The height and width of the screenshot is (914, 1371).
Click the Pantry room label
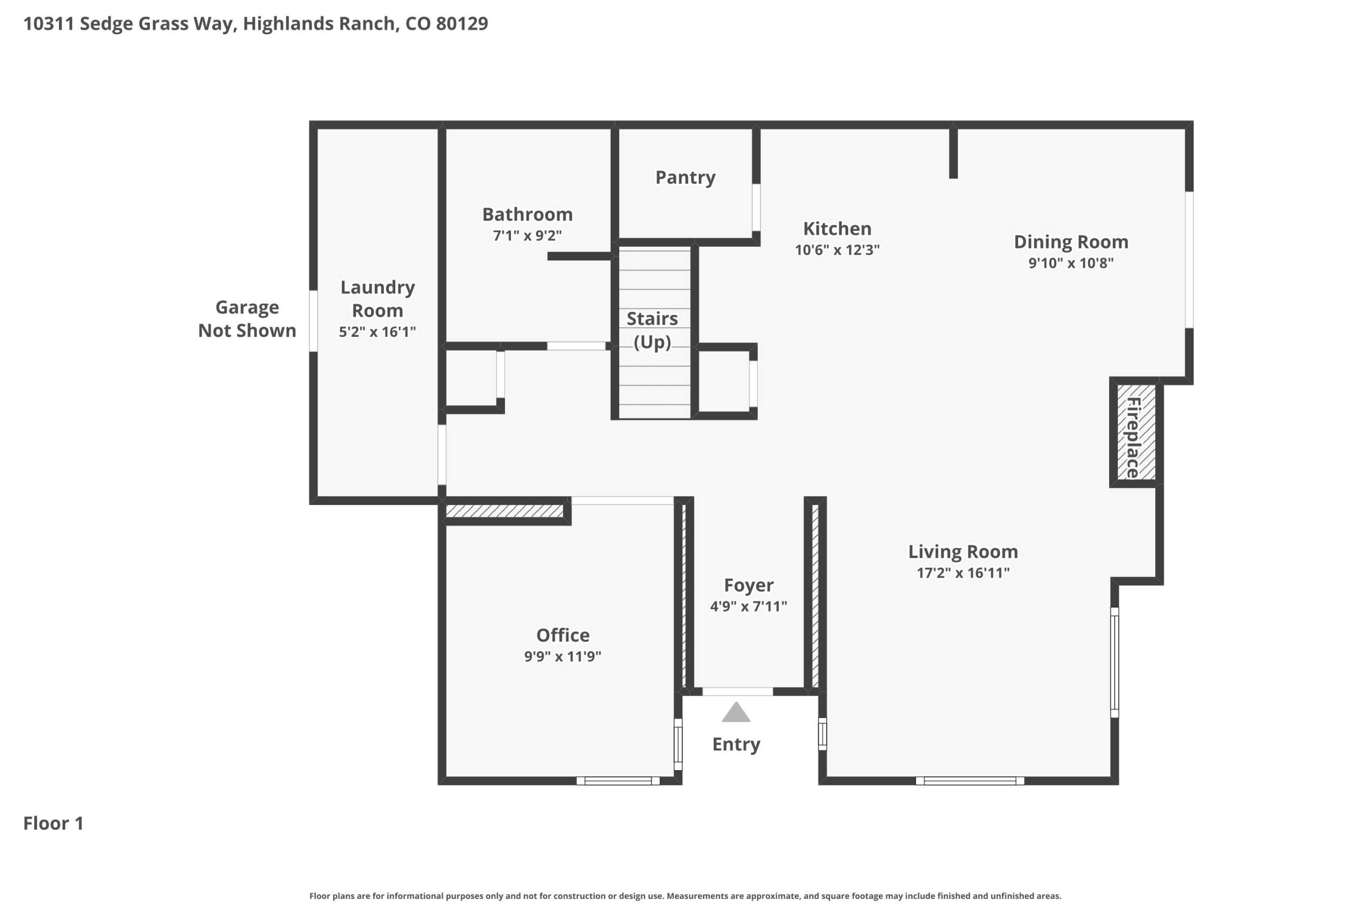click(685, 177)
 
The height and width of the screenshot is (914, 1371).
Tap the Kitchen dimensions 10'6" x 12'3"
click(837, 250)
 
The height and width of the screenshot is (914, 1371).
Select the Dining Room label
click(1071, 241)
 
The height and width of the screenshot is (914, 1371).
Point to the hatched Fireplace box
click(1136, 432)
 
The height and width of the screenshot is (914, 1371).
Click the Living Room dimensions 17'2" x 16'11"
click(963, 572)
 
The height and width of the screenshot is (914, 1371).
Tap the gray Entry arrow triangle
click(736, 712)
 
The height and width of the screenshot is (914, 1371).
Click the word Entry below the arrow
click(736, 744)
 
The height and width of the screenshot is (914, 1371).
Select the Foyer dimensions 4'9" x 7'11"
click(749, 606)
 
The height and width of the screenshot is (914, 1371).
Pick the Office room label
click(562, 635)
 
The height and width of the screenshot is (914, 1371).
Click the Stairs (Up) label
click(652, 330)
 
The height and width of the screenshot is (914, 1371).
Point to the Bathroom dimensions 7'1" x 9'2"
click(527, 236)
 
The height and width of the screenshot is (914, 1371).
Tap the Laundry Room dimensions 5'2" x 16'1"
click(377, 331)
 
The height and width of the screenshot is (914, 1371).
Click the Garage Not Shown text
click(247, 318)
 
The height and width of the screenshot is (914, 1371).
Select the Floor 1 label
click(54, 823)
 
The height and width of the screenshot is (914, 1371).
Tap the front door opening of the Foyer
click(737, 691)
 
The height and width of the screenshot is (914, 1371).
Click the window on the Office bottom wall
click(618, 781)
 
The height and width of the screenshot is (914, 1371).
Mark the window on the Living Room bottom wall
click(970, 781)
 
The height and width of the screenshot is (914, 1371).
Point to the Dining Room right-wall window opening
click(1189, 259)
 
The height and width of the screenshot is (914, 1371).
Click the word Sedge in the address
click(106, 24)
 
